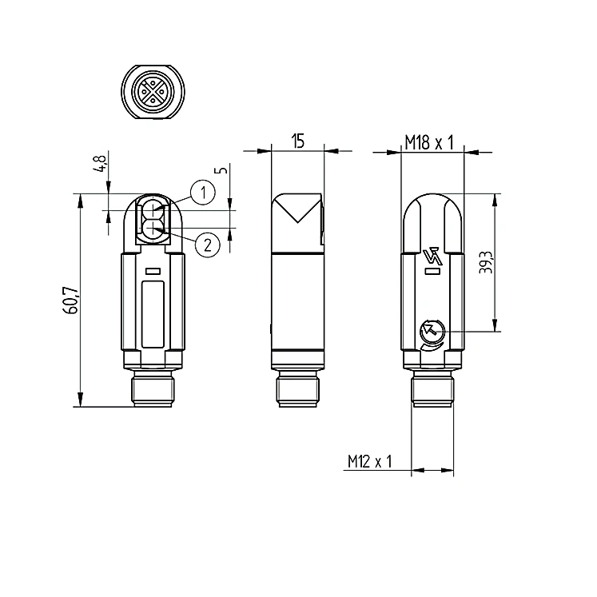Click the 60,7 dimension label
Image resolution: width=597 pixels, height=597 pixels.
71,300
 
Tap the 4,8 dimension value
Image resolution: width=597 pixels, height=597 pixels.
101,164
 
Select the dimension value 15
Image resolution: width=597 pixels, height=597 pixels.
299,141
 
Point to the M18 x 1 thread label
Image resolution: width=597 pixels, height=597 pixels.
429,143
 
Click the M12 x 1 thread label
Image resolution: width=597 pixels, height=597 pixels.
370,461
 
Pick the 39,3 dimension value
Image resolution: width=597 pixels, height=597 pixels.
486,262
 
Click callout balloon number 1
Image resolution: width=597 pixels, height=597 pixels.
203,193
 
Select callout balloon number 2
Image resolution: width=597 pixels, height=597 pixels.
208,245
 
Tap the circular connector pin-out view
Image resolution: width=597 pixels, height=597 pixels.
153,92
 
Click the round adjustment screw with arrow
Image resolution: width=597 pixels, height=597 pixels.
432,332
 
